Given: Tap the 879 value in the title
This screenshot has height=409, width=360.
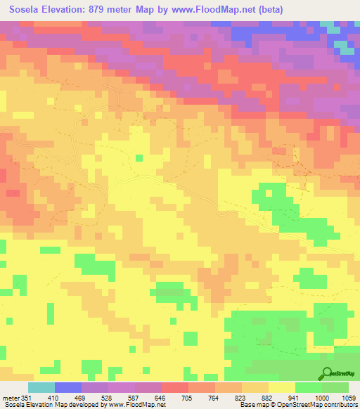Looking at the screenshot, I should tap(115, 11).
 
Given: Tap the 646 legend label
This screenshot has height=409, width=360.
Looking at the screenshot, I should tap(161, 398).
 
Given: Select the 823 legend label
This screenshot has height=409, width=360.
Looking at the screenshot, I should tap(241, 398).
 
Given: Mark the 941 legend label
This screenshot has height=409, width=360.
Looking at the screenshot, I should tap(295, 398).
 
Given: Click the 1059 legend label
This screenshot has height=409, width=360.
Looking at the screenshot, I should tap(348, 398).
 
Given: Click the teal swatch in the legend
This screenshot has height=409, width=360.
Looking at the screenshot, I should tap(41, 387).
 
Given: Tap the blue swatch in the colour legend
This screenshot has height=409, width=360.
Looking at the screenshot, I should tap(68, 387).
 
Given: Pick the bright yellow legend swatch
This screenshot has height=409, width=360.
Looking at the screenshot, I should tap(281, 387).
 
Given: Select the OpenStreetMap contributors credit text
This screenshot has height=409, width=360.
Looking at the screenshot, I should tap(321, 405).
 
